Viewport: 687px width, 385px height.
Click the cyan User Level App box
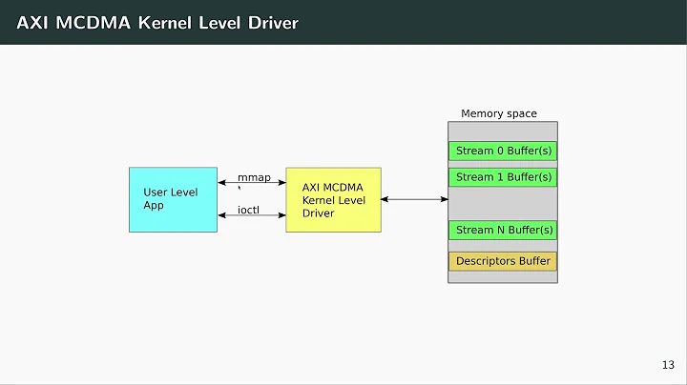click(173, 198)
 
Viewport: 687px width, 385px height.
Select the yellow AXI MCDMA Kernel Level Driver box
click(333, 199)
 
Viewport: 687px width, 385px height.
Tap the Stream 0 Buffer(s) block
click(503, 151)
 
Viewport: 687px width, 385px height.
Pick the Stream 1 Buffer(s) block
click(503, 177)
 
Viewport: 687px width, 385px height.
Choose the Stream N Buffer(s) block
click(503, 230)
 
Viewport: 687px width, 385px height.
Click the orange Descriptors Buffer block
click(503, 260)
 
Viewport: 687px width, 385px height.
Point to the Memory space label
click(498, 113)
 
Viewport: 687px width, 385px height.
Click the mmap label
click(253, 177)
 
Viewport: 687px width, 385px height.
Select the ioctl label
click(248, 209)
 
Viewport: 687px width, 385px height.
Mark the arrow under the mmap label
click(253, 183)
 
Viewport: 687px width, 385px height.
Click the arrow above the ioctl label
click(253, 216)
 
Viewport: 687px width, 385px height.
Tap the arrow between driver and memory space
click(415, 199)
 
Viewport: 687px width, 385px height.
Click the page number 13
click(668, 365)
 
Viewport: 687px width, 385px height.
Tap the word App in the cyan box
click(155, 205)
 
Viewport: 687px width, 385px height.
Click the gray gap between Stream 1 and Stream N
click(503, 203)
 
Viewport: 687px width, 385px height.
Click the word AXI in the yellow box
click(312, 187)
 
